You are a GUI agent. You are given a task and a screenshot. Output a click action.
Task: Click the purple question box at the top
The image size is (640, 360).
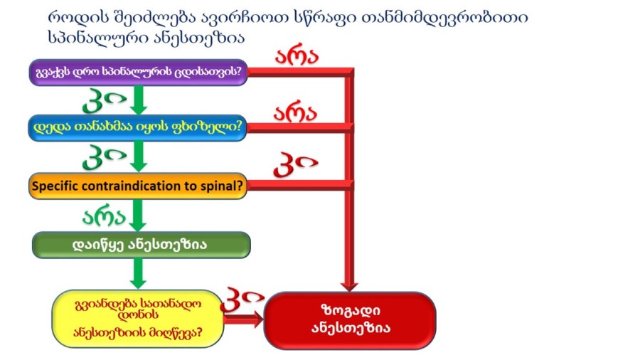139,73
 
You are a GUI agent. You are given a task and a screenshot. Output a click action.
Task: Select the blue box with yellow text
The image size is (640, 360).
137,128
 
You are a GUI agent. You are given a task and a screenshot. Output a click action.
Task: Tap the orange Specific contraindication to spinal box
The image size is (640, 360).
138,186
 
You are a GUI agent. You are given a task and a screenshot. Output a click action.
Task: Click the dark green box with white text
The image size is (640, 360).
142,245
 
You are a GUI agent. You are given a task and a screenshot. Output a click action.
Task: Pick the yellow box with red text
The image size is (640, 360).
138,319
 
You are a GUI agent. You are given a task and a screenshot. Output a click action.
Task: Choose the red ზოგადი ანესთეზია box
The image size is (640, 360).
350,320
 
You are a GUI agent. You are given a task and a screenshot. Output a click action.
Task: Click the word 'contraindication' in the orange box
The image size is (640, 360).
125,186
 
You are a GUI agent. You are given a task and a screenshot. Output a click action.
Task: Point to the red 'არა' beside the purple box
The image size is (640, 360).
297,57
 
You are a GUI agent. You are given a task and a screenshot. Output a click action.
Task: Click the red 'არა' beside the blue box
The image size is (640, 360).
295,113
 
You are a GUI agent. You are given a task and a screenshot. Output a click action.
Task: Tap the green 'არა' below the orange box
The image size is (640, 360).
104,217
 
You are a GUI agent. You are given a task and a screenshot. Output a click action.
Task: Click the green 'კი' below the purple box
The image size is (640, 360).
105,100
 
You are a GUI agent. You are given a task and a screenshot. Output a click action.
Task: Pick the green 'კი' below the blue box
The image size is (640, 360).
105,157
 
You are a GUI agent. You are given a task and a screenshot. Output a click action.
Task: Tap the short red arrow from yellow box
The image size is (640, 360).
244,319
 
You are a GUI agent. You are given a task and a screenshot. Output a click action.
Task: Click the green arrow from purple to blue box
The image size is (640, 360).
139,100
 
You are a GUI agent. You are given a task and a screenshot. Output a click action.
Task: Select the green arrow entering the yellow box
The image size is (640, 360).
138,273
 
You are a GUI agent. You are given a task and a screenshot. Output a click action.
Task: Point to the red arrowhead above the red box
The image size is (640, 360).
349,286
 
